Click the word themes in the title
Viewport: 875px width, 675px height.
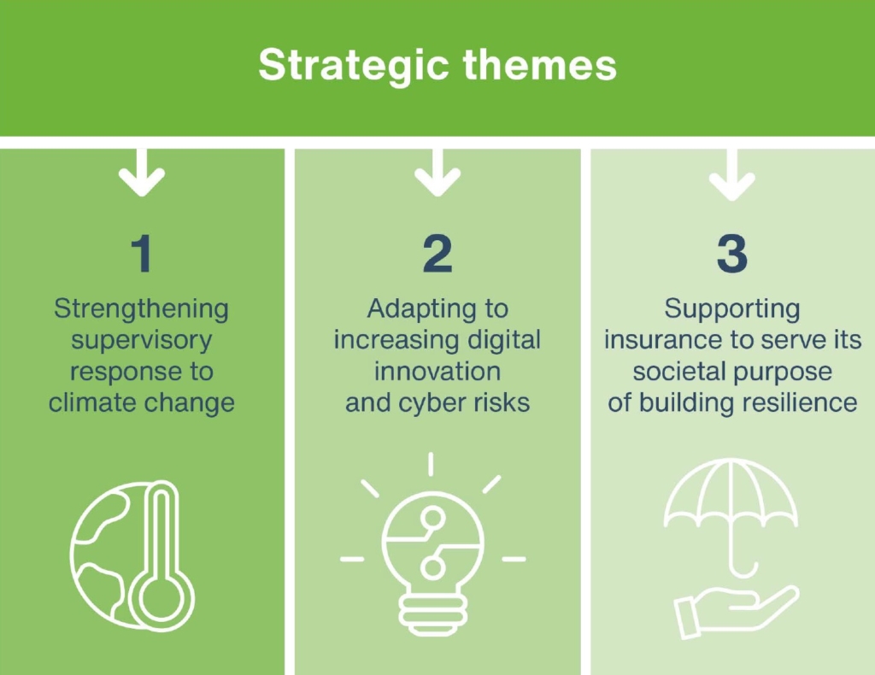pyautogui.click(x=540, y=65)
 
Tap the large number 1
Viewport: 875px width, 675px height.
pyautogui.click(x=142, y=254)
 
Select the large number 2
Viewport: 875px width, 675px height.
pyautogui.click(x=437, y=254)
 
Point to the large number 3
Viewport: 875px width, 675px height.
pyautogui.click(x=732, y=254)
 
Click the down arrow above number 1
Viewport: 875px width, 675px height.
pyautogui.click(x=142, y=173)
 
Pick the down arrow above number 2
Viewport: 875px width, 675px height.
pyautogui.click(x=437, y=173)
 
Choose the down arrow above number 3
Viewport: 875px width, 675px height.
pyautogui.click(x=732, y=174)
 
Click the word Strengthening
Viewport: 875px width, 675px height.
pyautogui.click(x=142, y=310)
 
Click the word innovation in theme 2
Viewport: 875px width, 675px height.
pyautogui.click(x=437, y=372)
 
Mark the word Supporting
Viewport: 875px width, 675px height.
pyautogui.click(x=732, y=310)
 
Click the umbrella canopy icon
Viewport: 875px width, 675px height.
pyautogui.click(x=731, y=493)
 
